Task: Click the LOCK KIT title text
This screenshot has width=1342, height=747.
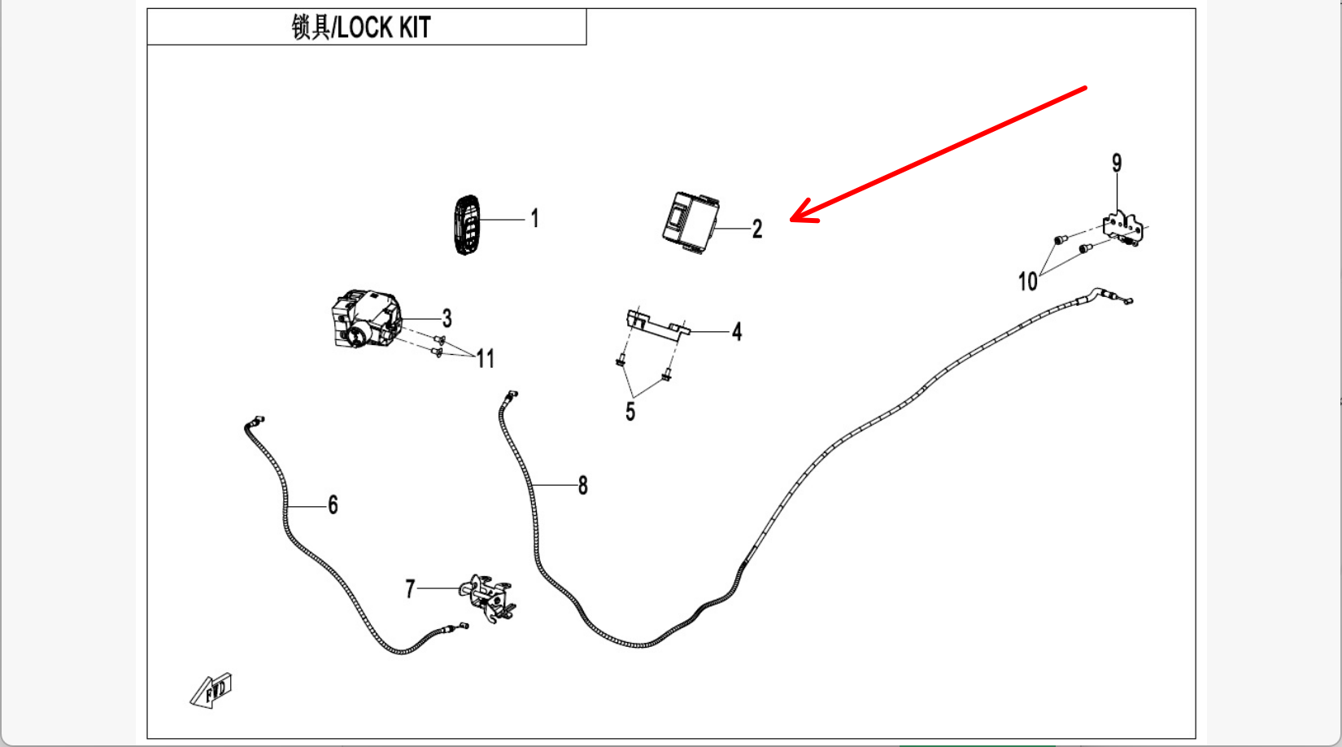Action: pos(361,28)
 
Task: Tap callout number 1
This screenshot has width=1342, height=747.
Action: pos(534,218)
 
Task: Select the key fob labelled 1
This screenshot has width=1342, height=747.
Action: pos(466,225)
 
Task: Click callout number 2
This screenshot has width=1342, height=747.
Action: pos(757,229)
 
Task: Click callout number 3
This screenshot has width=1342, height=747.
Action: pos(447,318)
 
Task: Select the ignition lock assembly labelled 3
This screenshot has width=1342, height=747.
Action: pos(365,320)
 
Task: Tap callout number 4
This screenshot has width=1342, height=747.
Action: pos(737,332)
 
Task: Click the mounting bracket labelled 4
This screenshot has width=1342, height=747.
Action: pos(657,323)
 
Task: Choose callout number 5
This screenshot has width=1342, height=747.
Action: pos(630,412)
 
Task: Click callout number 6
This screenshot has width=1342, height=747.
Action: pos(333,505)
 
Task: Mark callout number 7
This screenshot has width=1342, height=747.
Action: pos(411,588)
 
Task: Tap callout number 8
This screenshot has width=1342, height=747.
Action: pos(582,486)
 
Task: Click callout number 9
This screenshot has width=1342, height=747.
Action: pos(1117,164)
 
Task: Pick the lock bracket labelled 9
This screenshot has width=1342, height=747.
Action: pos(1123,228)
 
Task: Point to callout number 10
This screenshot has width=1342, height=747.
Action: pos(1027,282)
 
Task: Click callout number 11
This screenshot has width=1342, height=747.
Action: pos(486,359)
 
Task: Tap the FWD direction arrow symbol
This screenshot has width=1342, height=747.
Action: pos(212,691)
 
